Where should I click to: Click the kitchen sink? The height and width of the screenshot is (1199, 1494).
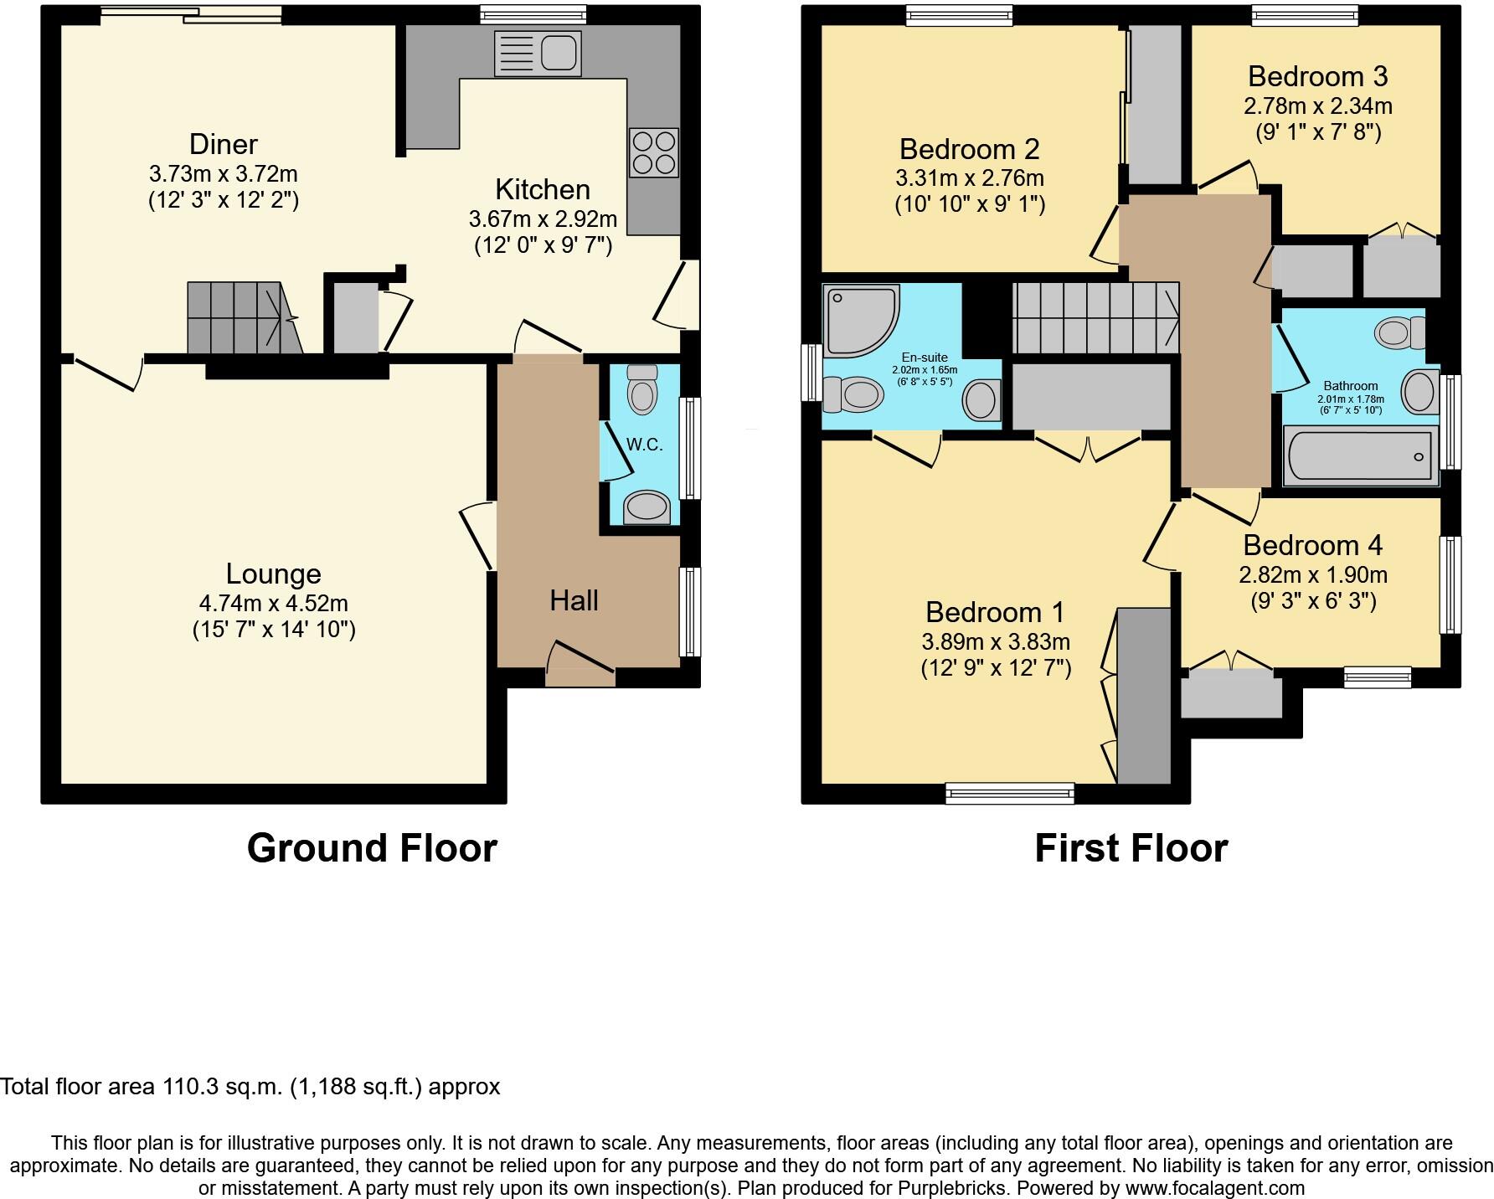point(538,54)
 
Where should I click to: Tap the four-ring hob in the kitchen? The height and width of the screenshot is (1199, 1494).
point(653,152)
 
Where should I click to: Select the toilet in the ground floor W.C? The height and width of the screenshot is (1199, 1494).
point(642,390)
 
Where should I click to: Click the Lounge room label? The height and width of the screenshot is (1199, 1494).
point(274,574)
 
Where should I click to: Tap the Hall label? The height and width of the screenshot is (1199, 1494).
point(574,600)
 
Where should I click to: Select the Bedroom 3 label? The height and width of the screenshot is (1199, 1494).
point(1317,77)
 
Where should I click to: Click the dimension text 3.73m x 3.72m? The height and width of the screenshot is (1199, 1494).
point(224,174)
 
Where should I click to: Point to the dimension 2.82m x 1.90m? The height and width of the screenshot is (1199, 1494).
point(1312,575)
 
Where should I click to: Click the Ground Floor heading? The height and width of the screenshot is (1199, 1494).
point(372,848)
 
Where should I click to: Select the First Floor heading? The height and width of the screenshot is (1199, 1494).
point(1131,848)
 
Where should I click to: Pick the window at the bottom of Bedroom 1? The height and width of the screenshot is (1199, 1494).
point(1009,792)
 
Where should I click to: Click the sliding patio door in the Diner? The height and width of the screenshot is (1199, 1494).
point(190,13)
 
